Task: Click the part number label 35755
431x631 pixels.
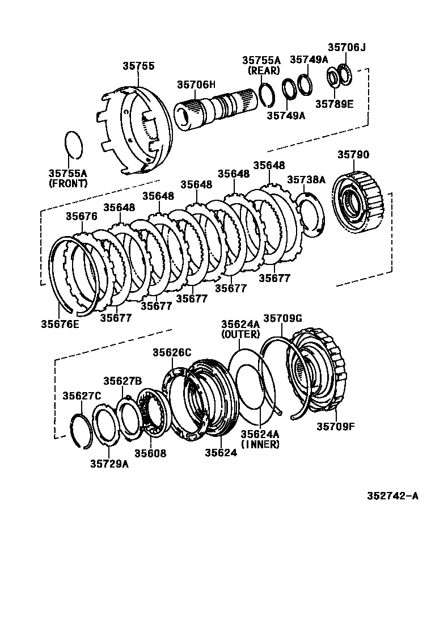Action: tap(138, 66)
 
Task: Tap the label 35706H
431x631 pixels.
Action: tap(196, 84)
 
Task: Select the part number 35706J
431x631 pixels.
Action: tap(347, 48)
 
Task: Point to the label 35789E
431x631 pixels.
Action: tap(335, 104)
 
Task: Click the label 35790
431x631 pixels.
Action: tap(353, 154)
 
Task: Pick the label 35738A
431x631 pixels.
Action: tap(306, 179)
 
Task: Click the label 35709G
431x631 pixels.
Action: tap(282, 318)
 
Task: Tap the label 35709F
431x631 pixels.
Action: tap(336, 426)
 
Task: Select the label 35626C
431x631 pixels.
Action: tap(171, 352)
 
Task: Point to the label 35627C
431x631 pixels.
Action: tap(82, 396)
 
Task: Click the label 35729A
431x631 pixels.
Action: tap(109, 464)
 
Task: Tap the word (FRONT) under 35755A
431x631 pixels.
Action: tap(68, 183)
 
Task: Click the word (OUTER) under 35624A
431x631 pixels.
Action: tap(240, 334)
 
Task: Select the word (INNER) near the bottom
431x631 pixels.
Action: tap(260, 444)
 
